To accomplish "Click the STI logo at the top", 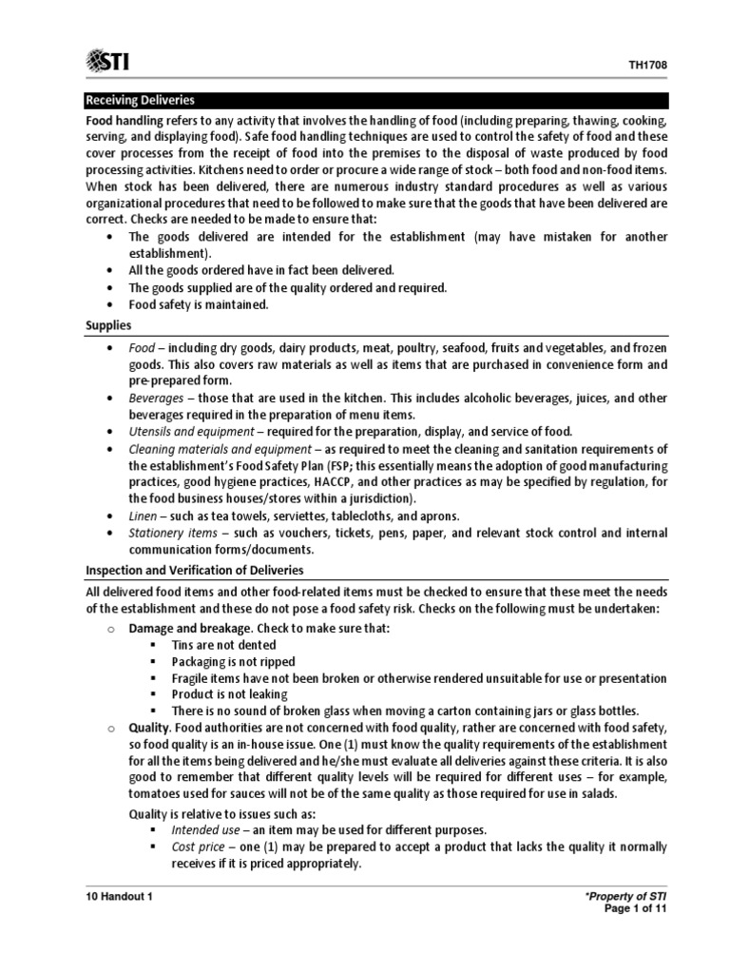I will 108,62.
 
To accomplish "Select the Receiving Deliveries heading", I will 141,99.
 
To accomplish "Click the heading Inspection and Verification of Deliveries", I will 195,570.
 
